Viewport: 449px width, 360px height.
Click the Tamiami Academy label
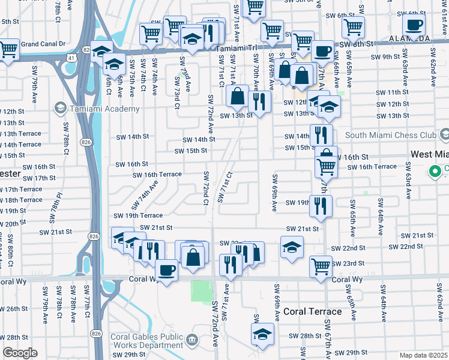(x=104, y=109)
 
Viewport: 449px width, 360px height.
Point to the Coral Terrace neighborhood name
(x=312, y=311)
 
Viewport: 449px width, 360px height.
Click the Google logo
(x=20, y=352)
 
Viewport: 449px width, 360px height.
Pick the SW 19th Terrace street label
(x=138, y=215)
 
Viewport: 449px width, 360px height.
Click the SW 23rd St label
(x=353, y=263)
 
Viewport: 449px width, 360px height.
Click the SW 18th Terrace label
(x=22, y=200)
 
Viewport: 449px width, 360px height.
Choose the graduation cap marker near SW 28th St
(x=262, y=333)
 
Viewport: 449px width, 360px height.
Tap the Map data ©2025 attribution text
(x=423, y=355)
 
